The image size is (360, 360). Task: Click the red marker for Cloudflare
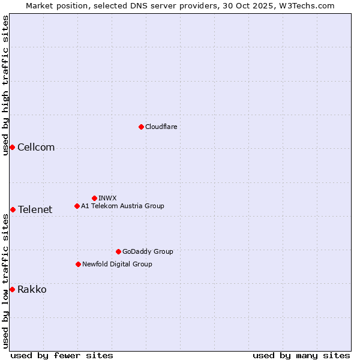pyautogui.click(x=141, y=127)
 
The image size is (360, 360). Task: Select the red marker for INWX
pyautogui.click(x=94, y=198)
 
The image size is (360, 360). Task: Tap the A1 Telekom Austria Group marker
pyautogui.click(x=77, y=206)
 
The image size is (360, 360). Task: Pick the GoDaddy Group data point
pyautogui.click(x=118, y=251)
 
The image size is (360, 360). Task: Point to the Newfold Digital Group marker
pyautogui.click(x=78, y=264)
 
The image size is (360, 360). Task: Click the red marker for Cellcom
pyautogui.click(x=12, y=148)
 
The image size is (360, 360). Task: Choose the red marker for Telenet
pyautogui.click(x=13, y=209)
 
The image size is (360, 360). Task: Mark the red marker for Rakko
pyautogui.click(x=12, y=289)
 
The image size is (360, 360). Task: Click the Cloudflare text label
pyautogui.click(x=161, y=127)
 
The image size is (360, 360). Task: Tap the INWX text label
pyautogui.click(x=107, y=198)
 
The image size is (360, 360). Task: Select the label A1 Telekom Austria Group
pyautogui.click(x=122, y=206)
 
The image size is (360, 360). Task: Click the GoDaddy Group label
pyautogui.click(x=148, y=251)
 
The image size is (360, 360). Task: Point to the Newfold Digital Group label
pyautogui.click(x=117, y=264)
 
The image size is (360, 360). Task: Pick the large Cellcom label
pyautogui.click(x=36, y=148)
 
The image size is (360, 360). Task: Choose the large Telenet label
pyautogui.click(x=35, y=209)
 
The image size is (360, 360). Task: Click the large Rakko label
pyautogui.click(x=32, y=289)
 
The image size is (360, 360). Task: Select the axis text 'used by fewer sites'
pyautogui.click(x=62, y=355)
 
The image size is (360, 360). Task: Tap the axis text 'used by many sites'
pyautogui.click(x=301, y=355)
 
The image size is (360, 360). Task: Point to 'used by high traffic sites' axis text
pyautogui.click(x=5, y=85)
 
